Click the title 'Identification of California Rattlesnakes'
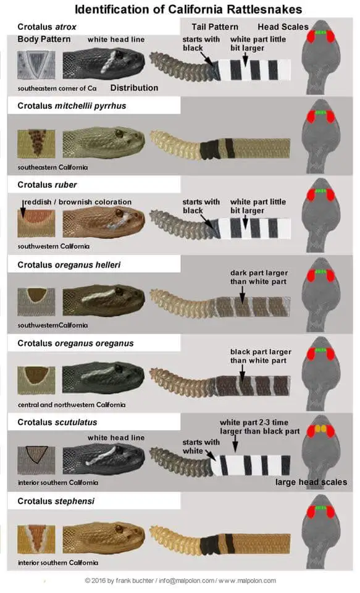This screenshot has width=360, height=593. (x=188, y=9)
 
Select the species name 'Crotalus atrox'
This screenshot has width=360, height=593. (x=47, y=27)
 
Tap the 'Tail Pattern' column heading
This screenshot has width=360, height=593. (x=215, y=27)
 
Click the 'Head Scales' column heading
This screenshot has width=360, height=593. (x=283, y=27)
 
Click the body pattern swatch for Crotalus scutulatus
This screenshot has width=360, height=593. (x=36, y=460)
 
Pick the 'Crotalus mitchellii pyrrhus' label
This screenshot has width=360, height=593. (x=72, y=106)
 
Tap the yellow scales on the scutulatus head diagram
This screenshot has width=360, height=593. (x=321, y=429)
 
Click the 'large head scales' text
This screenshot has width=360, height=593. (x=311, y=482)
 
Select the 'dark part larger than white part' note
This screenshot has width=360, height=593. (x=259, y=277)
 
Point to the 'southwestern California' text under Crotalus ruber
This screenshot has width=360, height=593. (x=54, y=246)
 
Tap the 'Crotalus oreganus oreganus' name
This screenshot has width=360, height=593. (x=75, y=343)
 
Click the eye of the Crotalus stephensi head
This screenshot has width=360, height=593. (x=119, y=528)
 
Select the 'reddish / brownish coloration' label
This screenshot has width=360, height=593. (x=78, y=202)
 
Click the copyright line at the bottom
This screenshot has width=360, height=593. (x=180, y=581)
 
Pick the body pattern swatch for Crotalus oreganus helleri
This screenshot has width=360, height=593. (x=36, y=302)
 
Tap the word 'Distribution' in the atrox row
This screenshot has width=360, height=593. (x=134, y=88)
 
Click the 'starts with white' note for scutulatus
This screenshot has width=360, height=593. (x=201, y=447)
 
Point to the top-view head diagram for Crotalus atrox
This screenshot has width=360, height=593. (x=320, y=57)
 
